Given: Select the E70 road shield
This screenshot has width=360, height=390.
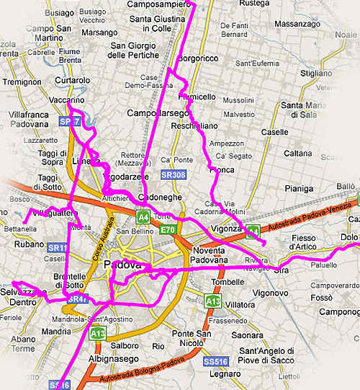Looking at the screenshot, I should (168, 230).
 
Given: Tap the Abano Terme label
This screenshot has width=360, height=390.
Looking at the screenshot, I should (23, 343).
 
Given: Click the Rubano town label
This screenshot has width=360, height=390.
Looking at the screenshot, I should (29, 244).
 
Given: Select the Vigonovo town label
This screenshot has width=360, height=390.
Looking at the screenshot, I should (269, 293).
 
